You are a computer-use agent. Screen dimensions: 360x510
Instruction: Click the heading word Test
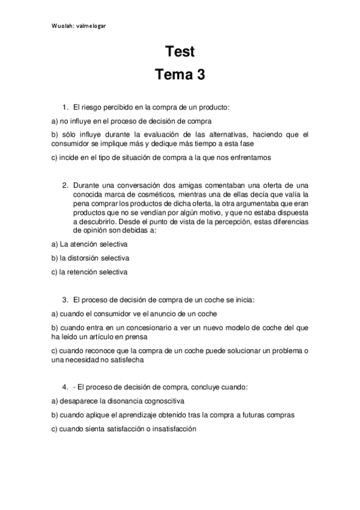point(180,52)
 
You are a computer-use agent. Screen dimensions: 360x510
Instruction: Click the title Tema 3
point(180,75)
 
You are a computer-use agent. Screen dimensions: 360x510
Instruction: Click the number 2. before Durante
point(66,185)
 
